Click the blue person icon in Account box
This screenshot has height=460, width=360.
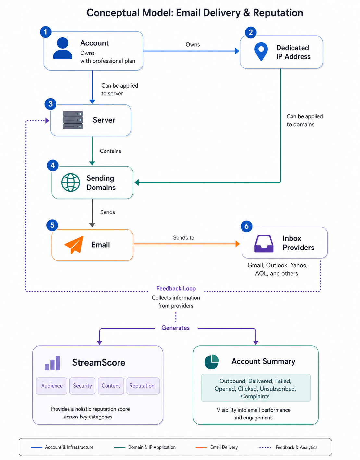click(62, 48)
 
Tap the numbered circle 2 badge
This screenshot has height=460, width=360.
click(251, 32)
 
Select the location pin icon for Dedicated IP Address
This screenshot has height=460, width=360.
click(261, 52)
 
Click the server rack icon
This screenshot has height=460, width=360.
click(73, 120)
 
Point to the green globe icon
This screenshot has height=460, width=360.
click(70, 183)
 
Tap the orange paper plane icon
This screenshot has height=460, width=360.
click(74, 245)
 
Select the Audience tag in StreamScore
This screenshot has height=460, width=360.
click(52, 386)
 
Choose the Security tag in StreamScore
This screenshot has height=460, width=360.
click(82, 386)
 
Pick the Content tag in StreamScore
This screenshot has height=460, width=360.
click(111, 386)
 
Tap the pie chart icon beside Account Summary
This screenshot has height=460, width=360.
click(212, 362)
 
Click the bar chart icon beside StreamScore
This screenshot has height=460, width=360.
click(53, 363)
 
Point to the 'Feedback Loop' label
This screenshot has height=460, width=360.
click(176, 288)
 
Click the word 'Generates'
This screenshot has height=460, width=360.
click(176, 328)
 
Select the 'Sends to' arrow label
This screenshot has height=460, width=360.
click(184, 238)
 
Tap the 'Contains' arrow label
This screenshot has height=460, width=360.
click(110, 151)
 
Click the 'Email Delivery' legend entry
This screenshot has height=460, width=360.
click(217, 447)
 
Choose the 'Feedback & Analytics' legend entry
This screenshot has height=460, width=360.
click(288, 447)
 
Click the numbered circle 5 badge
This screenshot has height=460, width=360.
click(52, 225)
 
